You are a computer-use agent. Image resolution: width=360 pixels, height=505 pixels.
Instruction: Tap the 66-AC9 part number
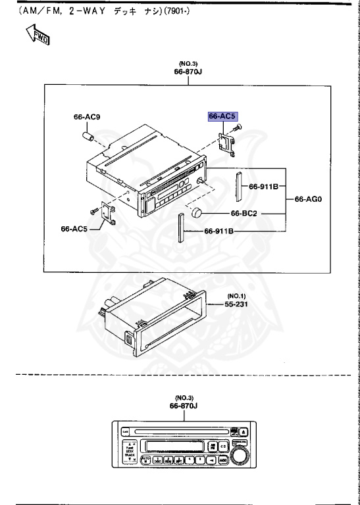pos(87,118)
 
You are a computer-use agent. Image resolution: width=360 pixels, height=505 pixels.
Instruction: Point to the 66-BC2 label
pos(244,214)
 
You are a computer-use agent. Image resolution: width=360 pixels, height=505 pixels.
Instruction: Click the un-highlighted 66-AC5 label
pos(74,229)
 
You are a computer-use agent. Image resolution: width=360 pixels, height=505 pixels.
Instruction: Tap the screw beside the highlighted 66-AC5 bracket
pos(238,128)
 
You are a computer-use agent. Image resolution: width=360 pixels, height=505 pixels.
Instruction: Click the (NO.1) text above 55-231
pos(236,296)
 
